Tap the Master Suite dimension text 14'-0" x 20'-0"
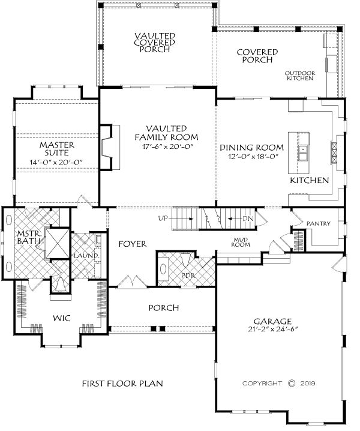pos(56,162)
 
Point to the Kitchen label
pos(309,181)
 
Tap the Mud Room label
pos(241,242)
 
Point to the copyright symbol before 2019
pos(292,383)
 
